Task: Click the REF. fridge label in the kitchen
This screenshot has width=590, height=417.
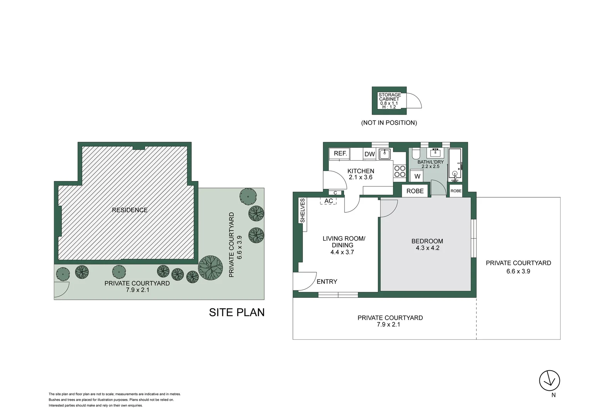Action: click(340, 153)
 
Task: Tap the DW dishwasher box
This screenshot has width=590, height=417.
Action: click(370, 154)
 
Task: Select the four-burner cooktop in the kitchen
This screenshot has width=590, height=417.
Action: click(400, 171)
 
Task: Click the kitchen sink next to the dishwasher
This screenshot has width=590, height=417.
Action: click(385, 154)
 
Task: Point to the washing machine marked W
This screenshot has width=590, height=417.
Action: click(417, 176)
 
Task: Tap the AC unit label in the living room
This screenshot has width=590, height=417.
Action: click(329, 201)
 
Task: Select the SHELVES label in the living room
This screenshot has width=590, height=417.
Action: click(302, 210)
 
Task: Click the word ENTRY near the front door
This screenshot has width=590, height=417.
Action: click(327, 281)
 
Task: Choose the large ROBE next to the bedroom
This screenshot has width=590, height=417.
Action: click(415, 191)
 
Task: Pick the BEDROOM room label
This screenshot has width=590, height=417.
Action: click(427, 241)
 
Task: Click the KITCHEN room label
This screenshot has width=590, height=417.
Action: click(361, 171)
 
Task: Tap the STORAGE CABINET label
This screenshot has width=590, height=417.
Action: click(389, 97)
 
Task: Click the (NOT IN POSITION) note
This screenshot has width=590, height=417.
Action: click(389, 123)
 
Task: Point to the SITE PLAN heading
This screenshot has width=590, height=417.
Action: click(237, 312)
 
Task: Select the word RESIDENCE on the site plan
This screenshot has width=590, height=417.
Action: click(130, 210)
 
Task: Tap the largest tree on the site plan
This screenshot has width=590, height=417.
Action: click(210, 268)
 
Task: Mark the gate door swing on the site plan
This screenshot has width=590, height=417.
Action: click(62, 290)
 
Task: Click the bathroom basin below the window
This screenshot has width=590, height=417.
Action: click(436, 153)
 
